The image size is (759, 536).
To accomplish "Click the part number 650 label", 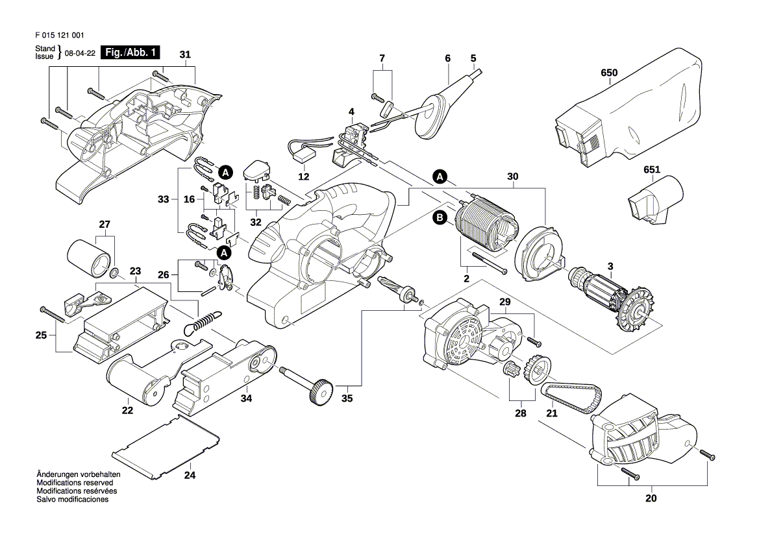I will click(x=609, y=73).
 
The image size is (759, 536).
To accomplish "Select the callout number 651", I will click(x=651, y=170).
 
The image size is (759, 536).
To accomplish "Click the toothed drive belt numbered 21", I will click(x=571, y=397).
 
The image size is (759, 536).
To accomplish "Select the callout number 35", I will click(x=347, y=398).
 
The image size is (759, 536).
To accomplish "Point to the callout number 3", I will click(x=610, y=266).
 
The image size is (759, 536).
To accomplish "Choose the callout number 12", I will click(x=304, y=177).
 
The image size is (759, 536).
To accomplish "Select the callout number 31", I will click(x=186, y=55).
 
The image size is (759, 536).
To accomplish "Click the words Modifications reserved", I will click(x=75, y=483).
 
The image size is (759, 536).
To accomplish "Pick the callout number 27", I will click(x=105, y=225).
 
